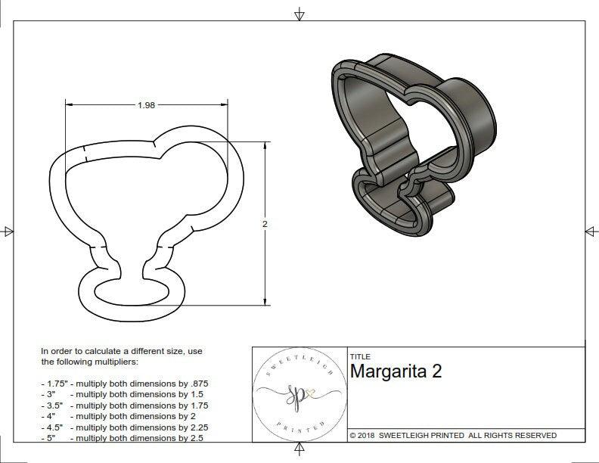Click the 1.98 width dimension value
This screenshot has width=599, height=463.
coord(146,105)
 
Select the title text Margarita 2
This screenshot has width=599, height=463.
coord(396,371)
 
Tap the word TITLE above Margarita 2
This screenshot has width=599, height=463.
coord(360,356)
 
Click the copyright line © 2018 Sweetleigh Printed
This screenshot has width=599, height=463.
coord(453,435)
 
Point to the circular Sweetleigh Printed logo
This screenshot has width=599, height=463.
coord(298,393)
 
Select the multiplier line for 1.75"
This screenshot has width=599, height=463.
coord(124,384)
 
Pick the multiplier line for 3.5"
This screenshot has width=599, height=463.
coord(124,406)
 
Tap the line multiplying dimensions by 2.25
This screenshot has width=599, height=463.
coord(124,427)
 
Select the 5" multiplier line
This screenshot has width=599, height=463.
coord(121,437)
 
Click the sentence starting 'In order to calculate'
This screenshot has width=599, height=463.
coord(122,356)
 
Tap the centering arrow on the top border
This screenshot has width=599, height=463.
coord(300,14)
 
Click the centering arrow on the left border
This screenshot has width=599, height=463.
coord(8,231)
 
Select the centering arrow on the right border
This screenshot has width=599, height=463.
coord(591,231)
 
